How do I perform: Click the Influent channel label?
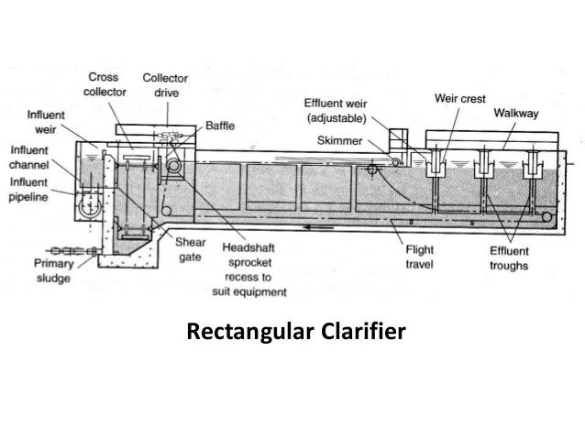30,157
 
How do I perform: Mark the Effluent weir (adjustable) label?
336,112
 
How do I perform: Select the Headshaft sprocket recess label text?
254,269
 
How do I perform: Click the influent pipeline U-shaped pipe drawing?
89,206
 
